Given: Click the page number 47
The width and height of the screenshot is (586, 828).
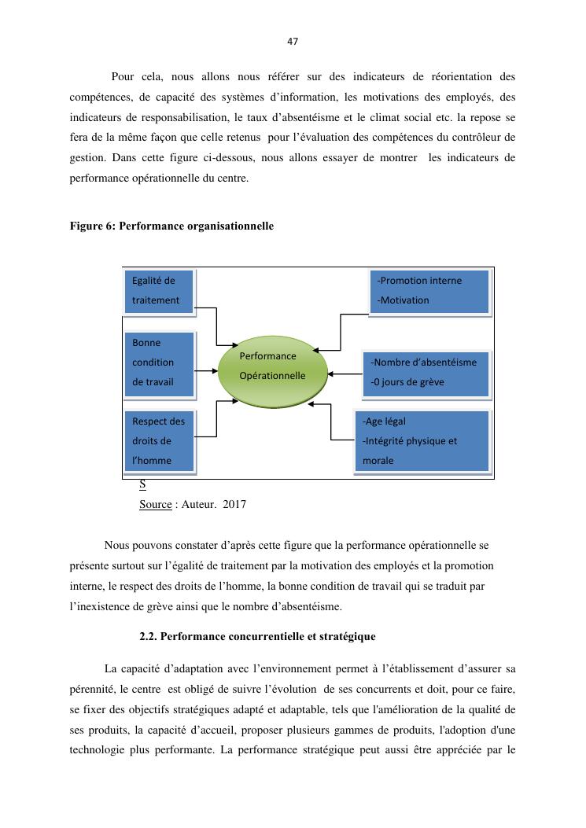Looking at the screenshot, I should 293,41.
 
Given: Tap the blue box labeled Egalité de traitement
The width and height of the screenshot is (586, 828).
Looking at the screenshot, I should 159,290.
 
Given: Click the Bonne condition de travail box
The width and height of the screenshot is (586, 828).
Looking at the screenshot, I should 159,362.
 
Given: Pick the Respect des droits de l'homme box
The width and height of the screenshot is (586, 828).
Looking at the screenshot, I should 159,440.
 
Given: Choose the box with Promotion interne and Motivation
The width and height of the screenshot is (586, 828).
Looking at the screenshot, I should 429,290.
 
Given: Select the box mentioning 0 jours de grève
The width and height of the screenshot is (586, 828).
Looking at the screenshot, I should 426,373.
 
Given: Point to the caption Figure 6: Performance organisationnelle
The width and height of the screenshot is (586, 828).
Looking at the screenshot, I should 171,226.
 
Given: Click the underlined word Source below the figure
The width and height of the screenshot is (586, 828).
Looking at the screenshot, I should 155,504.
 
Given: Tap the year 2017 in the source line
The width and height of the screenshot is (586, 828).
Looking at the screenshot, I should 234,504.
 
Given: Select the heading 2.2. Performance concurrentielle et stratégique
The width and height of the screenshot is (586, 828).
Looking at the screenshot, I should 257,635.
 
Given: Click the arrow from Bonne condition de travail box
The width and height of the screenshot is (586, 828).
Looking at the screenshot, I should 205,371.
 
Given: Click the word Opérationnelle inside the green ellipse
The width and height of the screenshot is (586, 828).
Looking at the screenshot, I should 272,376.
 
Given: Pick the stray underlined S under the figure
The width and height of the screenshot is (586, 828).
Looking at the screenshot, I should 142,484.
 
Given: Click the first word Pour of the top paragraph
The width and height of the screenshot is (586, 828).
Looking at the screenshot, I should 122,76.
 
